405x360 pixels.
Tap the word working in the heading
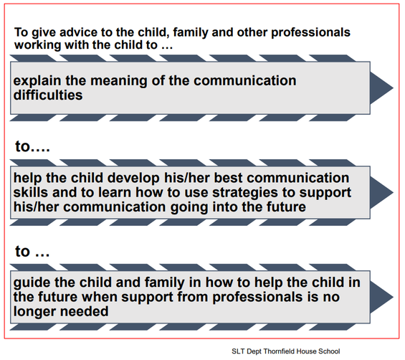(x=38, y=44)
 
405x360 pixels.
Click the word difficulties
(x=48, y=95)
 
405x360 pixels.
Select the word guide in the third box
(x=32, y=283)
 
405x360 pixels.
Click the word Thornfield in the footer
(x=280, y=351)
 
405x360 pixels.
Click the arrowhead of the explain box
(x=381, y=88)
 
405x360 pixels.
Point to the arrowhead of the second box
(x=381, y=192)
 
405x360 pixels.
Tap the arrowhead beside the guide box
(x=381, y=297)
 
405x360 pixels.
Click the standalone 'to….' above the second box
(x=32, y=146)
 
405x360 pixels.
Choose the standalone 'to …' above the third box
(x=32, y=251)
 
